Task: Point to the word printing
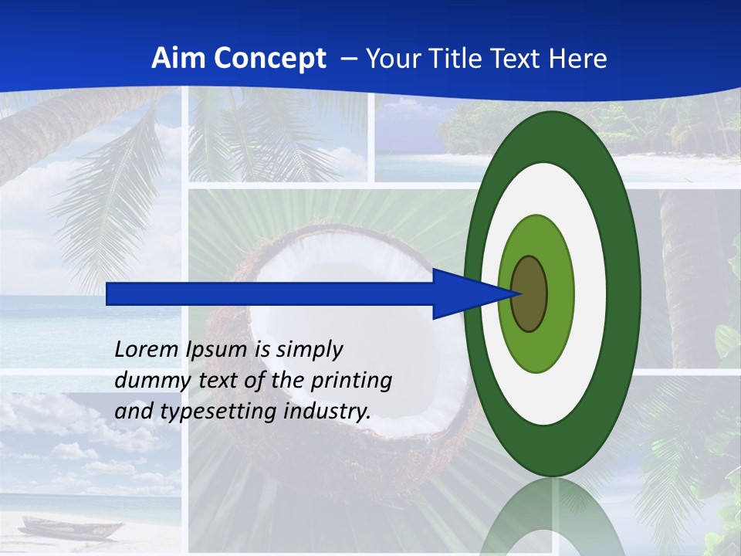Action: coord(354,381)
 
